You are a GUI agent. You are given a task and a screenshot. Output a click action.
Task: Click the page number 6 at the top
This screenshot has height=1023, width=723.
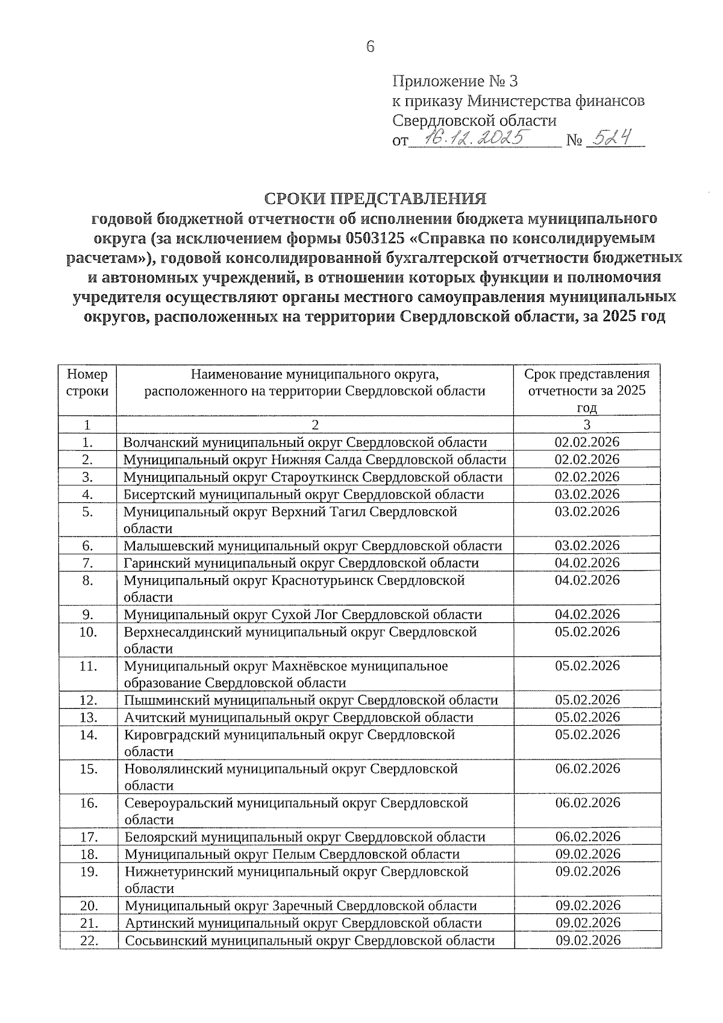(x=370, y=46)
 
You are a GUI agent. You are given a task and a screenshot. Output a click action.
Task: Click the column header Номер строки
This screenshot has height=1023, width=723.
(x=88, y=383)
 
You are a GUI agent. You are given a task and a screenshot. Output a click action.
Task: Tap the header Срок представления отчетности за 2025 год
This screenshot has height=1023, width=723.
(x=587, y=390)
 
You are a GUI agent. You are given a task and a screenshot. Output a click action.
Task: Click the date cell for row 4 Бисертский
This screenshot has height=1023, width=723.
(x=587, y=494)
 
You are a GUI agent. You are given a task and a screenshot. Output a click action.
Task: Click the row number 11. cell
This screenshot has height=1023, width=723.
(x=88, y=666)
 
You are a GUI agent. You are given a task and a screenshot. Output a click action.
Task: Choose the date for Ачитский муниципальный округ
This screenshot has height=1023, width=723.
(x=587, y=717)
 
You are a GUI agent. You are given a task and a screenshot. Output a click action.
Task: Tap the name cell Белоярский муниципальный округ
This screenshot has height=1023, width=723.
(x=305, y=837)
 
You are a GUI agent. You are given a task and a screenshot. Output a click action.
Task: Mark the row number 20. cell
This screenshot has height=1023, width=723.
(x=89, y=906)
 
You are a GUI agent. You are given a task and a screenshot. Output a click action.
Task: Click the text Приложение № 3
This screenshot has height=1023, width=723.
(x=455, y=81)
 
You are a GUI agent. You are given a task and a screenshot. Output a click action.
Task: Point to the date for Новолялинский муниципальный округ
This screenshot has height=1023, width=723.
(x=587, y=769)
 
